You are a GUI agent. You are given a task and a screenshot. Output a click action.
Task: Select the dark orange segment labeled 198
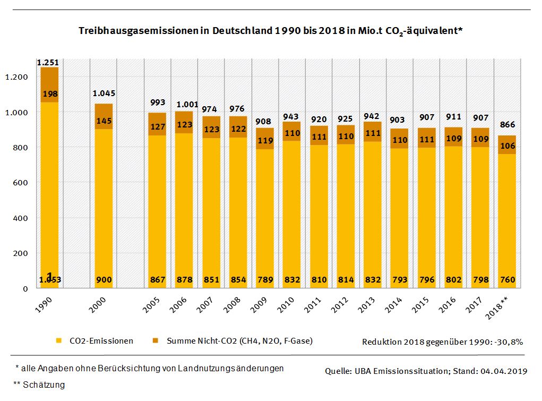49,94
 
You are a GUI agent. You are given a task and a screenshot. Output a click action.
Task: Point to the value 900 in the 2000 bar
104,280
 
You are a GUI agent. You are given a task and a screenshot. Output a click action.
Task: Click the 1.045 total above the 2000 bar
104,93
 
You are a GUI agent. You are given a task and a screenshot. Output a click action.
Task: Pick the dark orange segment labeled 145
104,121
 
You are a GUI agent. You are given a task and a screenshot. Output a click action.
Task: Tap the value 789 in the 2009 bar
265,280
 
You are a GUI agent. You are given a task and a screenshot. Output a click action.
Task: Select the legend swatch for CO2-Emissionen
59,340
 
